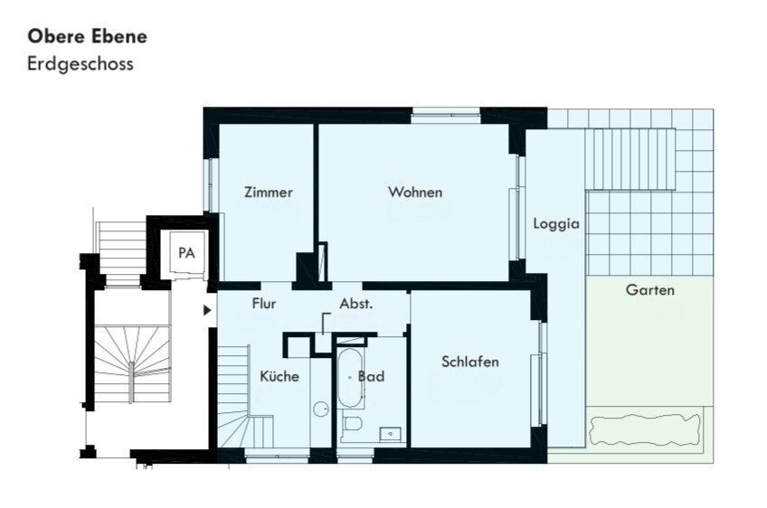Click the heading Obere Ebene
87,36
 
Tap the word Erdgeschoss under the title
80,64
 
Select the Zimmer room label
269,193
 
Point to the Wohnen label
415,193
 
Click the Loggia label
556,224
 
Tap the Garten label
650,290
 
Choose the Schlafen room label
470,362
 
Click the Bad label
371,376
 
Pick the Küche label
279,376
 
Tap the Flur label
264,304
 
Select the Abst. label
356,304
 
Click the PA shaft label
187,253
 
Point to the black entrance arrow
207,310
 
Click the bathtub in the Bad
350,378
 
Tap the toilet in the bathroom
352,423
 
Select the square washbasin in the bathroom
391,434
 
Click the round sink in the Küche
321,409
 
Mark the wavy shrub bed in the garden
645,429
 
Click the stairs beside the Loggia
631,159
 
